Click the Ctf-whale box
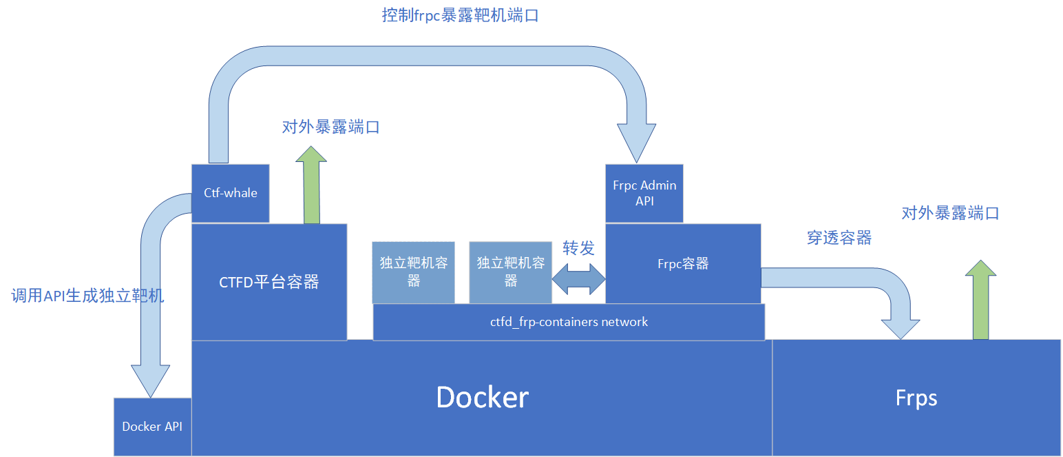point(230,193)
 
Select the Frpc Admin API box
point(644,193)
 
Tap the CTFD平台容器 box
point(269,281)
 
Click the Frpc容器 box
point(683,263)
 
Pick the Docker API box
point(152,427)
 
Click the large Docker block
point(482,398)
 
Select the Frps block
point(916,398)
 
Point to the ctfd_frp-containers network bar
point(569,322)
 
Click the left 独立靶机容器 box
point(413,272)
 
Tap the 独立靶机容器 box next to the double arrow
point(510,272)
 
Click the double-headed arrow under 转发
point(578,279)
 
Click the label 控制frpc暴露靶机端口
point(460,15)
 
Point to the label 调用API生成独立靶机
point(88,296)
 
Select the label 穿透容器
point(839,238)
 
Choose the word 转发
point(578,248)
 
